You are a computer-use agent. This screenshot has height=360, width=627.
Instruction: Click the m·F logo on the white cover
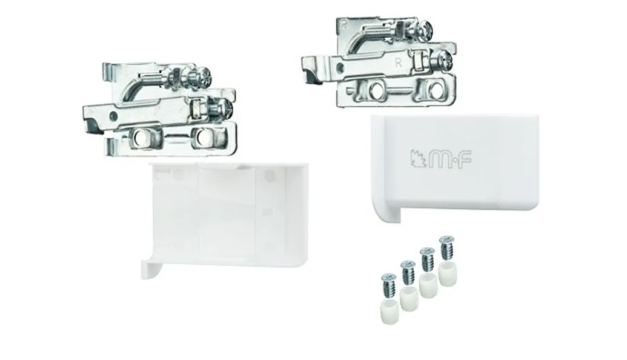[441, 159]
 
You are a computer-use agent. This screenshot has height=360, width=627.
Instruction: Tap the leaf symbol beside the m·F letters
[418, 159]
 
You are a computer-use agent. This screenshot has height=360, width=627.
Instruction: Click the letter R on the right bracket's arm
[398, 63]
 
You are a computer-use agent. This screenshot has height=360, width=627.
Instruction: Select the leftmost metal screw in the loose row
[388, 284]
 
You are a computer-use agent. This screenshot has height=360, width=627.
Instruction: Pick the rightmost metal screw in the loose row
[446, 247]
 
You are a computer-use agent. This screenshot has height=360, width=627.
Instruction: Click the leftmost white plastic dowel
[388, 313]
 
